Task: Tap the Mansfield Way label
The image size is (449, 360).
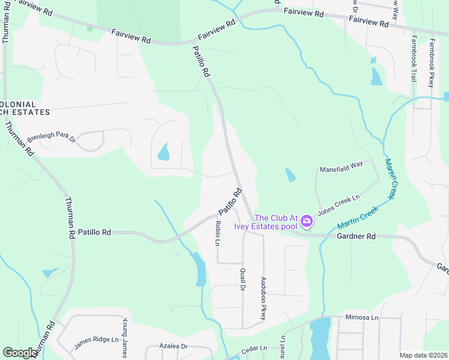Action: (x=341, y=170)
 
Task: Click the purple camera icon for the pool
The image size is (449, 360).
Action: (x=307, y=221)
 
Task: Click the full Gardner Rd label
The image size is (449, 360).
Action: (x=357, y=237)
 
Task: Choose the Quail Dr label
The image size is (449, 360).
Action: (x=243, y=278)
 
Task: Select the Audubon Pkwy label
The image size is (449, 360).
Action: (x=263, y=298)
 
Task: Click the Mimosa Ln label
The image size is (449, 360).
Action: (x=363, y=317)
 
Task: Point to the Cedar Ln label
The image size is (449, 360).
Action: (x=254, y=348)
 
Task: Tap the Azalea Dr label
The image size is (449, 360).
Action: (x=174, y=346)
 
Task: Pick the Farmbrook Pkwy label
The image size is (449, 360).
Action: (x=432, y=64)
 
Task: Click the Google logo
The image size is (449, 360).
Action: (x=20, y=353)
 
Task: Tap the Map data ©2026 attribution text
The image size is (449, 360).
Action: (x=423, y=355)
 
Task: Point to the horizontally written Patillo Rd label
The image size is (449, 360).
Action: (x=94, y=232)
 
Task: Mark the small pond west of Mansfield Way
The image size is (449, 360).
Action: (x=290, y=175)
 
